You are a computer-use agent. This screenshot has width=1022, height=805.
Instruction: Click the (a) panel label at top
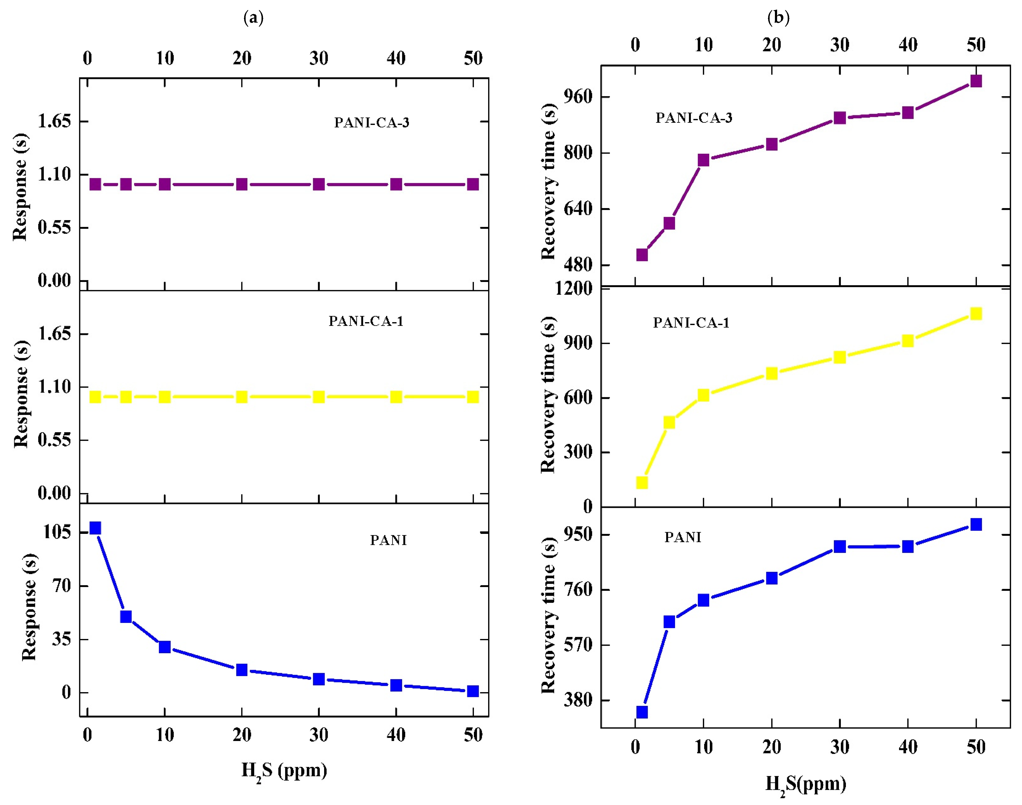tap(253, 18)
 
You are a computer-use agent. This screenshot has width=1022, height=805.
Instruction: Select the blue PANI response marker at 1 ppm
tap(95, 528)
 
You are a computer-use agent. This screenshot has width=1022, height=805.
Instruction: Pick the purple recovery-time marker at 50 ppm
tap(976, 81)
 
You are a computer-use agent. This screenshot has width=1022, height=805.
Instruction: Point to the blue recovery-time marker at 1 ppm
tap(642, 712)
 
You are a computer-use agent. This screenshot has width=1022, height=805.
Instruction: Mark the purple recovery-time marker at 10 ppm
tap(704, 160)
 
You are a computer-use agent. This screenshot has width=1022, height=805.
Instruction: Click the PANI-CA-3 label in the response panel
tap(372, 122)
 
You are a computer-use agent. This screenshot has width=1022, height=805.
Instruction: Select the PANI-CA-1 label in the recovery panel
tap(691, 323)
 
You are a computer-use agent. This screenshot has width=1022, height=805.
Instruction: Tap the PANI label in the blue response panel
tap(388, 540)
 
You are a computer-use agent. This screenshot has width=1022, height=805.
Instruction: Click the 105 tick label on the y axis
tap(58, 532)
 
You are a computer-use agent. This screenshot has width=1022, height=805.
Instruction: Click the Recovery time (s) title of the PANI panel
tap(549, 615)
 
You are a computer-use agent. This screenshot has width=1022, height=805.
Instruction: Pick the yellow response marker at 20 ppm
tap(242, 397)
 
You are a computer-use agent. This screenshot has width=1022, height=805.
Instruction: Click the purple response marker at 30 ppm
tap(319, 184)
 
